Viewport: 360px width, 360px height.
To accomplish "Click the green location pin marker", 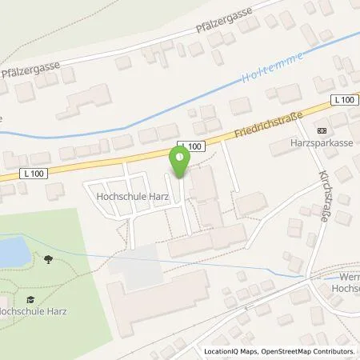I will click(x=179, y=162).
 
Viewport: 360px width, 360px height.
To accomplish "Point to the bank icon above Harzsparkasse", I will click(x=322, y=130).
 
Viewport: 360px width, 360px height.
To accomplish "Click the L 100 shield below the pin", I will click(x=192, y=145).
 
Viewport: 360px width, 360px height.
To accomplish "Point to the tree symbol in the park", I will click(x=50, y=258).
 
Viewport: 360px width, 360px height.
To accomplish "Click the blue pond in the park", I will click(x=11, y=253).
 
